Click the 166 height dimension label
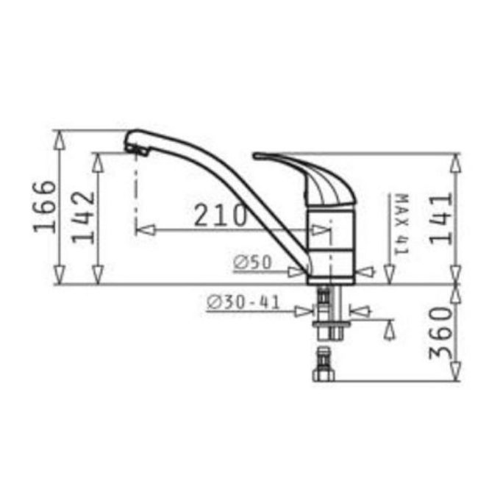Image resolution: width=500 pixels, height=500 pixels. pos(46,206)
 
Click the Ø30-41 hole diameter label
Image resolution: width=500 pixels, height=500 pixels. pos(243,301)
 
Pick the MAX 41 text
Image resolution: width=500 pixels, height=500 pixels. pos(401,224)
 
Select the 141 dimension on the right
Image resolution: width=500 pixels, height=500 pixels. pos(439,218)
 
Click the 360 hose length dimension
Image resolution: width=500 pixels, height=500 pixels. pos(439,332)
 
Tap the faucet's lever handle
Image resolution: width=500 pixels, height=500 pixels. pos(309,174)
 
